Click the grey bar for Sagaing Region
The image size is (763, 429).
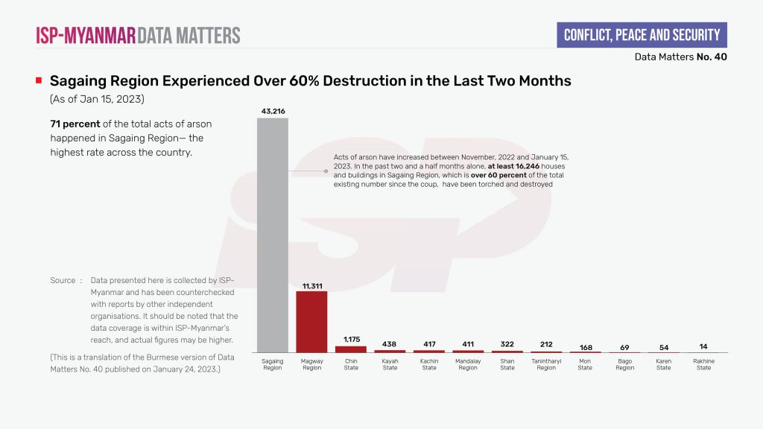273,235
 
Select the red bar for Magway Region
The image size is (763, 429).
311,321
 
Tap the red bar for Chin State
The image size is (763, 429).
351,349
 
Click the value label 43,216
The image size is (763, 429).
273,111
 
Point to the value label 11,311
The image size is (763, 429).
311,285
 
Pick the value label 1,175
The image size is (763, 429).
351,340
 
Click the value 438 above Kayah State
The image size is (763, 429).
390,345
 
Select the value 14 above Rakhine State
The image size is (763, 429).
703,347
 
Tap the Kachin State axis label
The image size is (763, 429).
429,364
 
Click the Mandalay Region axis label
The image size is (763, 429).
468,364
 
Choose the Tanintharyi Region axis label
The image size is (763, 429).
546,364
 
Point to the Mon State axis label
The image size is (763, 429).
585,364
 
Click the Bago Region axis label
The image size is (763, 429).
624,364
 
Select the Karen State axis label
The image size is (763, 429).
663,364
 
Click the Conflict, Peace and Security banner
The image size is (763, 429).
642,35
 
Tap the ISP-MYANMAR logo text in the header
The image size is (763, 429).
86,35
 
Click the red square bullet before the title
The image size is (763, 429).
38,80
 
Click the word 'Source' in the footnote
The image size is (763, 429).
63,281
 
